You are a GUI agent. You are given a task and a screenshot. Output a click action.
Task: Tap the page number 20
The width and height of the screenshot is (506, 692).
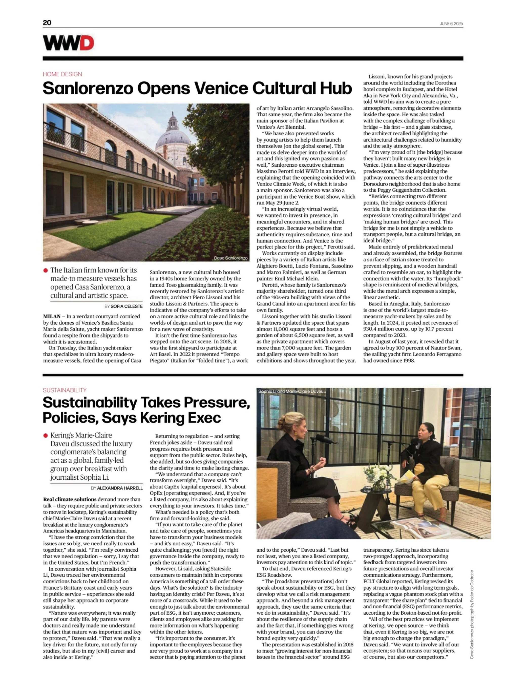(47, 23)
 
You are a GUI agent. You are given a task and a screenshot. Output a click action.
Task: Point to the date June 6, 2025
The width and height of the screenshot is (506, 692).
(451, 24)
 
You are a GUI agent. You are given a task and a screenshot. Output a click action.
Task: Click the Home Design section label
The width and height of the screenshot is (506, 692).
(62, 74)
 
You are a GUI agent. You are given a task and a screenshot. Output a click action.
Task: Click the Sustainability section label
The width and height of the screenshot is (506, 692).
(65, 390)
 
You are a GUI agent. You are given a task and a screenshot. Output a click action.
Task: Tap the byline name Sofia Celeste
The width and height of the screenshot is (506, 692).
(126, 306)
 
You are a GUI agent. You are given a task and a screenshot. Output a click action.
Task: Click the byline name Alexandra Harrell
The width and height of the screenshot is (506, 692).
(120, 488)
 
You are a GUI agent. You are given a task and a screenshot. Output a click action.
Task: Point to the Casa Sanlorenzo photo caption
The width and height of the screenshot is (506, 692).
(230, 258)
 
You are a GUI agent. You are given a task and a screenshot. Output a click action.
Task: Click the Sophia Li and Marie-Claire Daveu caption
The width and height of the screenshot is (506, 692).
(291, 391)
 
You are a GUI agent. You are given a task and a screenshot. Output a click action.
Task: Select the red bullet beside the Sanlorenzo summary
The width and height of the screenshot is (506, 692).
(46, 270)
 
